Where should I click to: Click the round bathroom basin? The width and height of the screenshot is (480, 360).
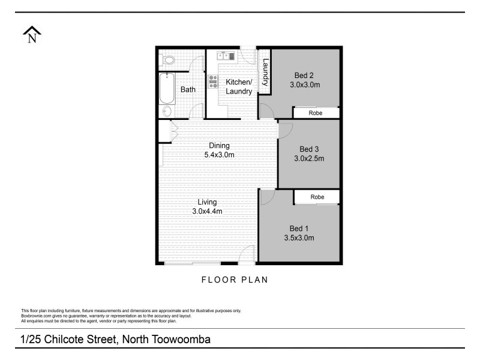(167, 112)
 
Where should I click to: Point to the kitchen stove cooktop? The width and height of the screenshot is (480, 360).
(212, 82)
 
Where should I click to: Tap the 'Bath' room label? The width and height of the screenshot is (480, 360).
(188, 90)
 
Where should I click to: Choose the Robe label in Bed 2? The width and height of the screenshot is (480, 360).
(316, 113)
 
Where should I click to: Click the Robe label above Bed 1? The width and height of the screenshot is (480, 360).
(317, 197)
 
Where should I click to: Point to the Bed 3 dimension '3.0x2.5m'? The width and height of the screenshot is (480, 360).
(308, 158)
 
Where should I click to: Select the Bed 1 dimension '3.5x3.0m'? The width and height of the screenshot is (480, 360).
(299, 238)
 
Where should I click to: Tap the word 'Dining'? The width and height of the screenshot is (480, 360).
(219, 145)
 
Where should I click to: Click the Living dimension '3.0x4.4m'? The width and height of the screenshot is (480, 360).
(207, 211)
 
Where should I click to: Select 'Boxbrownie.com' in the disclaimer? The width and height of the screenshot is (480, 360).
(36, 315)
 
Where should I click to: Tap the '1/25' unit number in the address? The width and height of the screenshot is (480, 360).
(31, 339)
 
